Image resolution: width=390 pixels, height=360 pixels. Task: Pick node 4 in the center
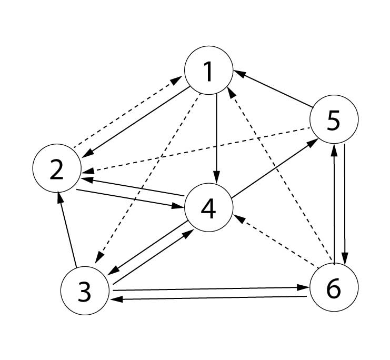coord(208,208)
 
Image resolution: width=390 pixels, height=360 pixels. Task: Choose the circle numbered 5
coord(334,121)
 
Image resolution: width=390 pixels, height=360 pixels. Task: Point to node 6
coord(334,288)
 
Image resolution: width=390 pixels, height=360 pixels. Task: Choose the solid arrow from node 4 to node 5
coord(271,168)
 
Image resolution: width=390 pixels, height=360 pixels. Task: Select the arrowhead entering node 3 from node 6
coord(116,299)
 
